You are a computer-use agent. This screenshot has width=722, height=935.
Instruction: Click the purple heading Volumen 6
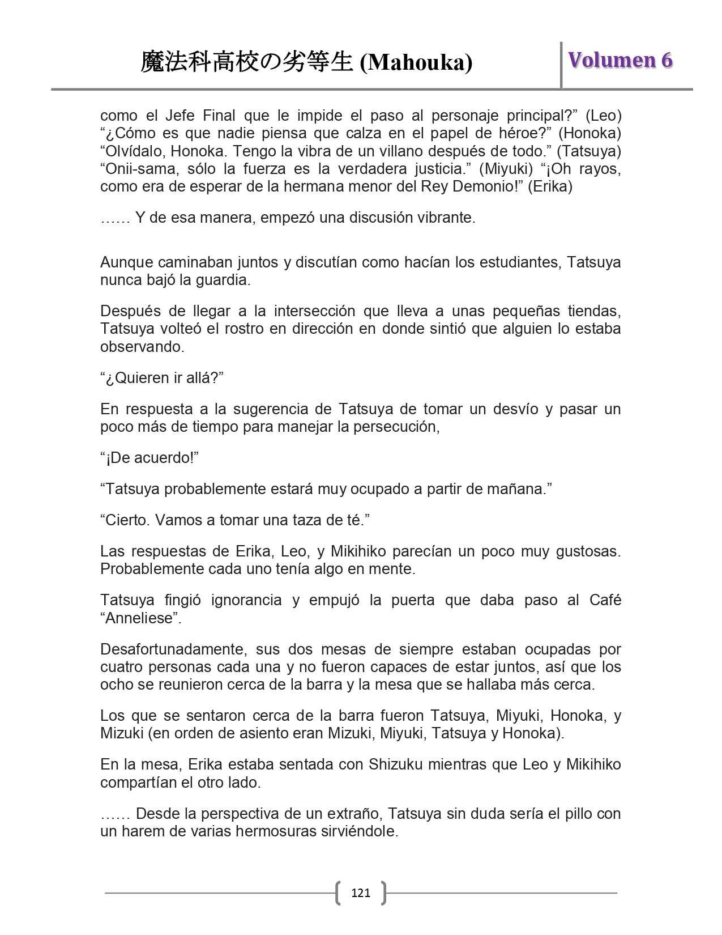click(620, 60)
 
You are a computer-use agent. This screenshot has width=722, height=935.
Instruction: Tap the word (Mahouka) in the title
click(416, 62)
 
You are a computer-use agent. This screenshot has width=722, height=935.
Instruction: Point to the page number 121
click(361, 893)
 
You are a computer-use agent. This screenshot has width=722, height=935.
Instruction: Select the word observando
click(142, 347)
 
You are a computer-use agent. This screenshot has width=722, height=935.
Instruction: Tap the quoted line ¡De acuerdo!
click(149, 457)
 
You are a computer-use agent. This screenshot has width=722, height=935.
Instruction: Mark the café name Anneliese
click(139, 618)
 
